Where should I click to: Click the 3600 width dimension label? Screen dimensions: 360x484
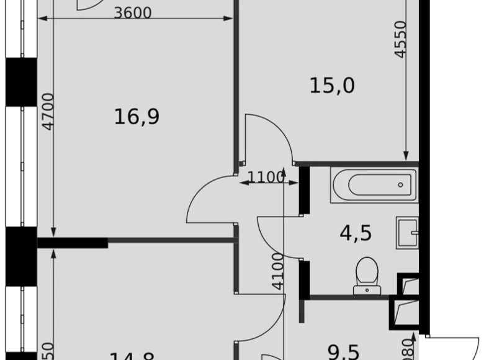133,12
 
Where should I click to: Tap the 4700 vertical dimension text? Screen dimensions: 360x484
48,111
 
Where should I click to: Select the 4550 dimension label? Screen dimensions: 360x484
401,39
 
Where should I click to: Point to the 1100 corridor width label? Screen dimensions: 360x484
265,178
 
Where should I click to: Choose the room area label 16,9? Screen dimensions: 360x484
137,115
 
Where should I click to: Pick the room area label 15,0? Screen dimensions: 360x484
332,84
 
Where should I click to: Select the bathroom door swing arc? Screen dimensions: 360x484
278,239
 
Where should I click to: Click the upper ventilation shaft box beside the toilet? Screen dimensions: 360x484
408,284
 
